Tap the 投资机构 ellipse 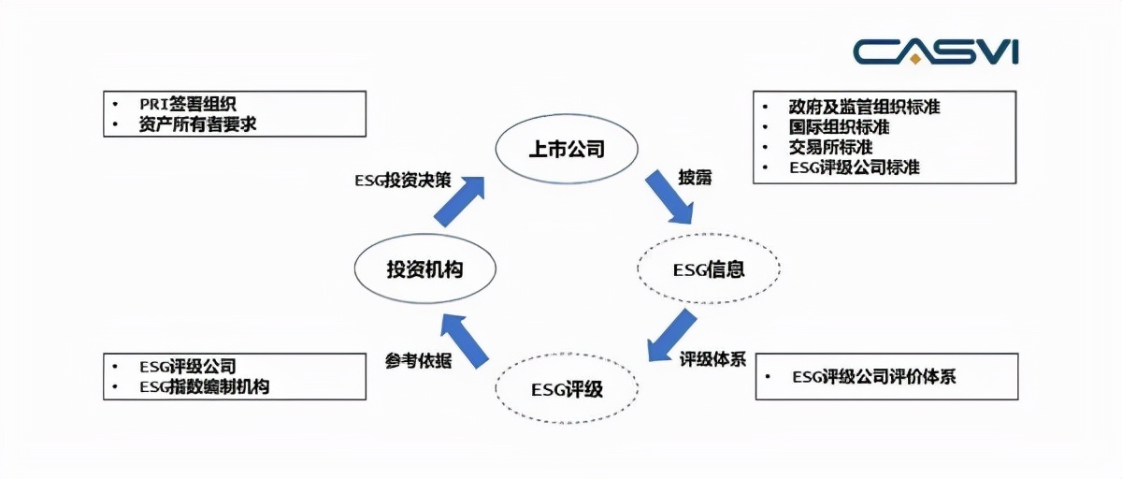point(425,269)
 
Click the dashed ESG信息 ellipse point(708,269)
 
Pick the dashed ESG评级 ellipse point(567,386)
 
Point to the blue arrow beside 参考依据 point(465,340)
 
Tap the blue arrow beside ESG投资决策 point(461,199)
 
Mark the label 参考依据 point(418,360)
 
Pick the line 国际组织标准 point(839,126)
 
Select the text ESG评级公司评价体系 point(873,377)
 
